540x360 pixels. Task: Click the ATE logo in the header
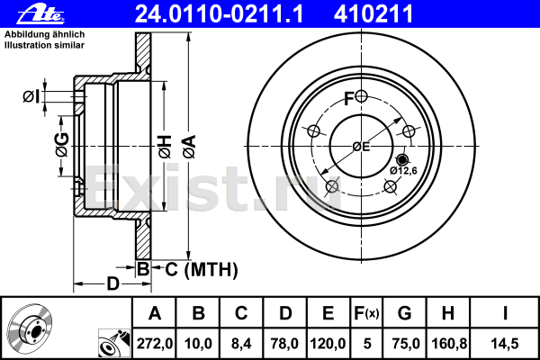(x=40, y=14)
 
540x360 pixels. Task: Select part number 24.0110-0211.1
(x=219, y=13)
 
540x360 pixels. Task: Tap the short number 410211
(x=373, y=13)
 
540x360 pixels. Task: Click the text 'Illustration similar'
(x=44, y=45)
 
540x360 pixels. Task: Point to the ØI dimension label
(x=31, y=97)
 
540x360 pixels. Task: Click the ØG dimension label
(x=62, y=145)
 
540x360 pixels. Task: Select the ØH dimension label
(x=165, y=147)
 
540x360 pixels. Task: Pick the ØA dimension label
(x=189, y=147)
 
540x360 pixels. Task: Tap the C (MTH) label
(x=202, y=269)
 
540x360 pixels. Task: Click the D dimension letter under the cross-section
(x=113, y=283)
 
